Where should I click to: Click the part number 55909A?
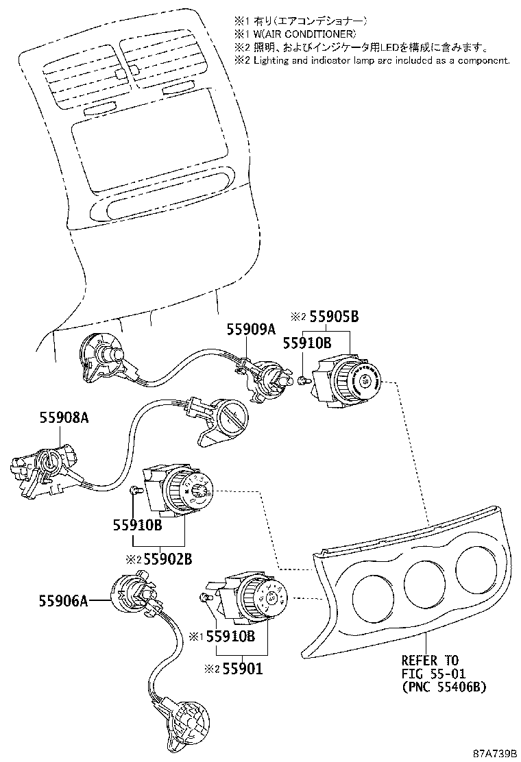point(251,330)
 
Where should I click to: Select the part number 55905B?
point(335,317)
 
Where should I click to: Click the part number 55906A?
point(63,601)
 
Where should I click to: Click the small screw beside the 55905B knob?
point(303,379)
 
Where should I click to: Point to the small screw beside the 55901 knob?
point(204,598)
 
